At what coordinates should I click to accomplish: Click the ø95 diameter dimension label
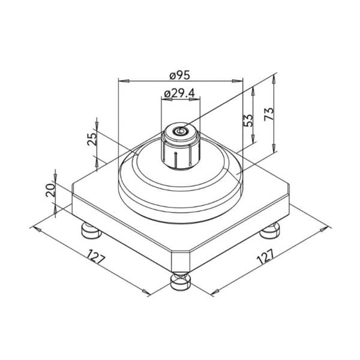180,75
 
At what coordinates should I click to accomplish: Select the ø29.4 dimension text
179,93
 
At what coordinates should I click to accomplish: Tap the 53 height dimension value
248,121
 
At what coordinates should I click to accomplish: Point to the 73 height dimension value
269,113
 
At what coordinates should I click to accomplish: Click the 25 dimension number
92,139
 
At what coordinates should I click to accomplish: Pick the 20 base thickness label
50,190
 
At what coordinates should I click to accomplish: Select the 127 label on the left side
96,256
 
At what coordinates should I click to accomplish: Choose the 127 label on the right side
265,256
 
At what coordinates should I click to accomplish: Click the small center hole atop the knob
181,131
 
